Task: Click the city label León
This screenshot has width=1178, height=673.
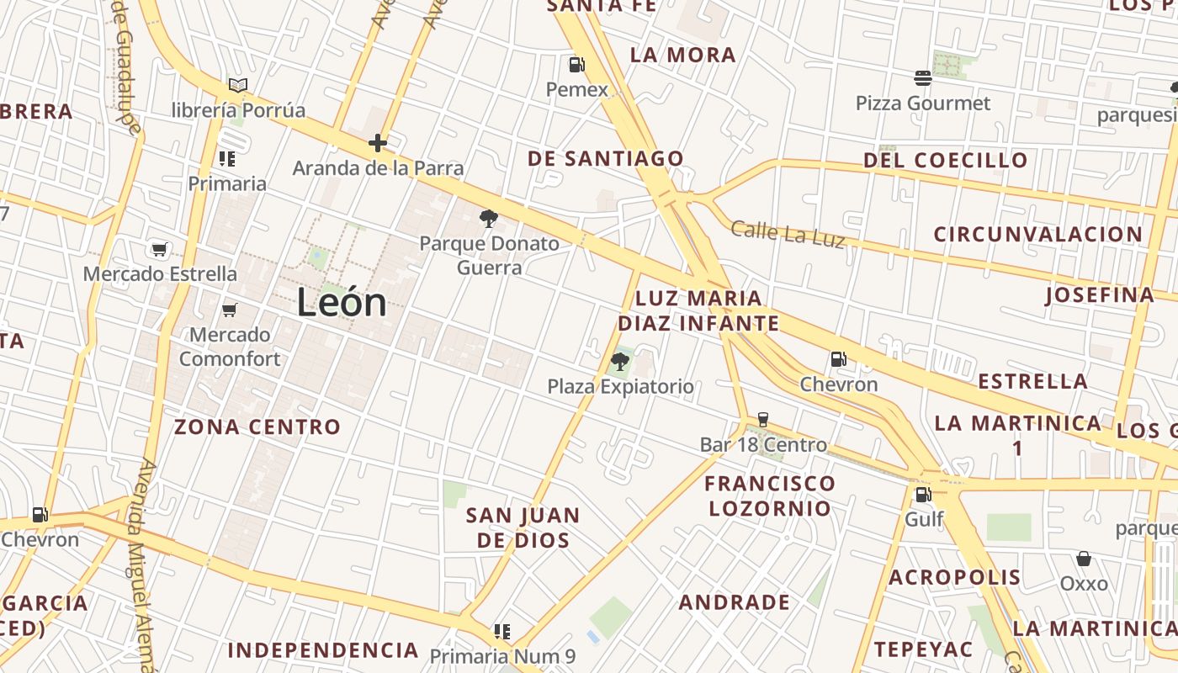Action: click(342, 303)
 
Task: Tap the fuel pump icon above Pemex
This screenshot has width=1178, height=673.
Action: click(576, 65)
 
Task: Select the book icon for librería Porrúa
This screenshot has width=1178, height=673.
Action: click(238, 85)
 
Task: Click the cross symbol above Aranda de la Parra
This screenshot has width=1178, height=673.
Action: click(378, 143)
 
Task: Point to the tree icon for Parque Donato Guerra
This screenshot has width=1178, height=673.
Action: click(488, 220)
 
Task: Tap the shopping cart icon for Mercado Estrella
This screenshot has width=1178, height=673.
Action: click(160, 249)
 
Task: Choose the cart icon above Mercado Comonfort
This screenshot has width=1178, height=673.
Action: click(229, 310)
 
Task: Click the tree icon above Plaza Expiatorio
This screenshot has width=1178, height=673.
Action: click(620, 363)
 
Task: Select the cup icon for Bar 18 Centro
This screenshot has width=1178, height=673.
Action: click(763, 420)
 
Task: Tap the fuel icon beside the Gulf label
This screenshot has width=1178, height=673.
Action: click(923, 495)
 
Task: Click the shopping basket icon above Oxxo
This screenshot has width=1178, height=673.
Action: click(1084, 559)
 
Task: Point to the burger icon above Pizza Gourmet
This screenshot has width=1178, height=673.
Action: click(923, 79)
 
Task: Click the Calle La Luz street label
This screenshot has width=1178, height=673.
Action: click(788, 234)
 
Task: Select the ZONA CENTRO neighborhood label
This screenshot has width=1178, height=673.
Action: click(257, 427)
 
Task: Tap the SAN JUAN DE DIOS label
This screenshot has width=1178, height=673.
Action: click(523, 527)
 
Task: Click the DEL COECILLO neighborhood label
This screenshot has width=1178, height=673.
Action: click(946, 160)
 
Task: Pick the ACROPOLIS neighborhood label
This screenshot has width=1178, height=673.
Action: click(954, 577)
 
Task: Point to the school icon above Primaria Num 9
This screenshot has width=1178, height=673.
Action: click(502, 631)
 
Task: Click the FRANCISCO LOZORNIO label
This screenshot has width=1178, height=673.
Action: click(769, 495)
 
